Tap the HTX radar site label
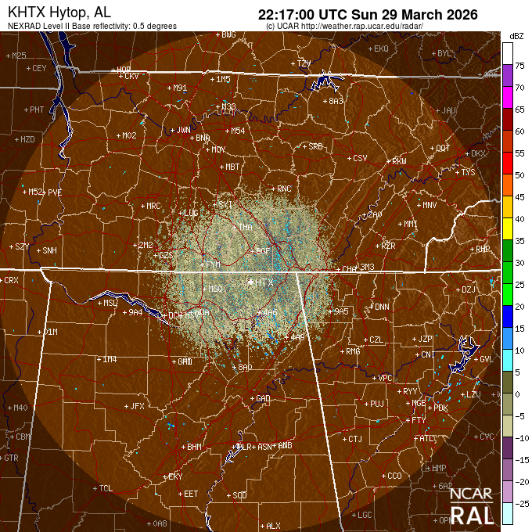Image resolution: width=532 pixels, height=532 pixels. [x=265, y=282]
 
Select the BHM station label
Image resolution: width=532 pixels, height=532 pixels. [x=194, y=447]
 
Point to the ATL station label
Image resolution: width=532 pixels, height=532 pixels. [x=427, y=439]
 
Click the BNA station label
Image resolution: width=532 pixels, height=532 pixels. [x=203, y=138]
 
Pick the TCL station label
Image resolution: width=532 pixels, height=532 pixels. [x=106, y=488]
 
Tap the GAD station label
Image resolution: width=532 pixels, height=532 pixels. [x=263, y=398]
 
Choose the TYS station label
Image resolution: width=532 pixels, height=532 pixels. [x=469, y=172]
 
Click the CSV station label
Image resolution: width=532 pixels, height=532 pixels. [x=360, y=158]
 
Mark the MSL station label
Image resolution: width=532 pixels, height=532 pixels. [x=110, y=303]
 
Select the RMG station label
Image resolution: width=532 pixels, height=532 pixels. [x=353, y=351]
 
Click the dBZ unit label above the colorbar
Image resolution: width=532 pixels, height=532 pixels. [x=516, y=36]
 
